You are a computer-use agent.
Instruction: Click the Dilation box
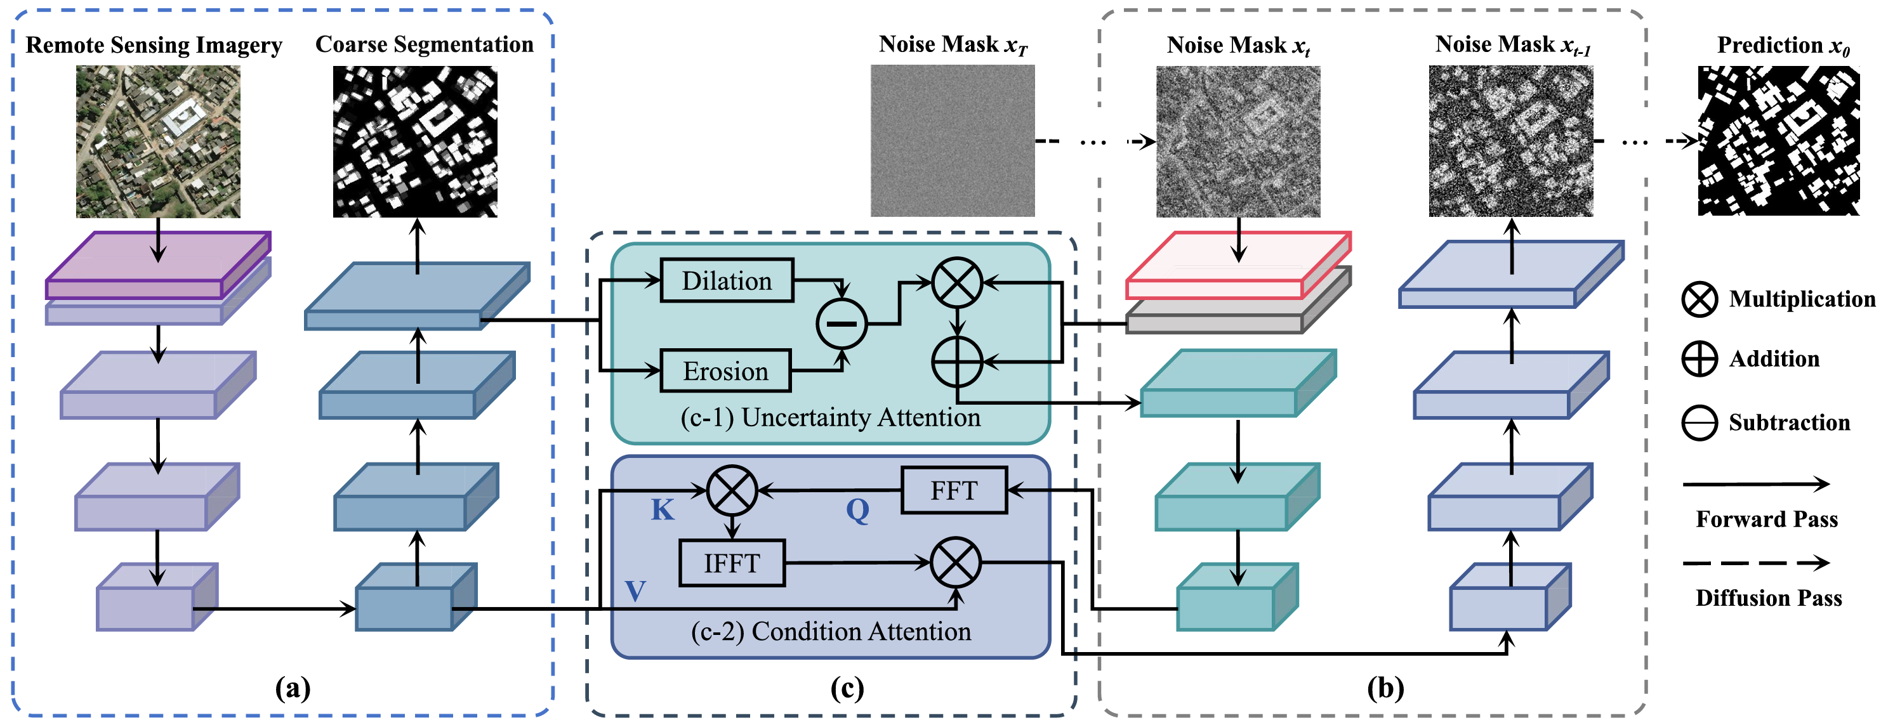click(727, 280)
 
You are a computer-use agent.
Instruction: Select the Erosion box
click(725, 371)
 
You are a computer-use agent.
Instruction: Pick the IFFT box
click(732, 563)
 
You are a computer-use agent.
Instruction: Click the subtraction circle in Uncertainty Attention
click(841, 323)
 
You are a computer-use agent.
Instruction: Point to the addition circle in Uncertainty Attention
click(956, 362)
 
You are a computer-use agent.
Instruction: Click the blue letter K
click(663, 509)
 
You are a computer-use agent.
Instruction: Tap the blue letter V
click(635, 591)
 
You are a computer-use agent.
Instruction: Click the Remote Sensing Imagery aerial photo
click(158, 141)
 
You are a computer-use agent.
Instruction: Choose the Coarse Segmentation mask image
click(415, 141)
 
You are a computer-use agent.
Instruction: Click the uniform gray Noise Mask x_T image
click(952, 141)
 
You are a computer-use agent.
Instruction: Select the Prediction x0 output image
click(1778, 141)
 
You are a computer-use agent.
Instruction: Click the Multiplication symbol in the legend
click(1699, 299)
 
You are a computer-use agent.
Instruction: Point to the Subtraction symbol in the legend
click(1699, 422)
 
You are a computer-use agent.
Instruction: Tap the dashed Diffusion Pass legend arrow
click(1755, 563)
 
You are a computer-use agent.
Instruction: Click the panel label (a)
click(293, 688)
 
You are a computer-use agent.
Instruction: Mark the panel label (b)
click(1385, 688)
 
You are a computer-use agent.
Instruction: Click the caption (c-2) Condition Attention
click(831, 632)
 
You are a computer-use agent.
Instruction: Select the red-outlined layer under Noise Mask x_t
click(1237, 267)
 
